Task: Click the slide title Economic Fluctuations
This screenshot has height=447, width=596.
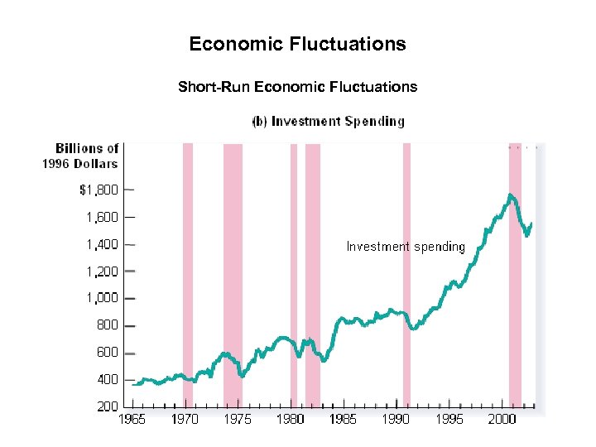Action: coord(297,44)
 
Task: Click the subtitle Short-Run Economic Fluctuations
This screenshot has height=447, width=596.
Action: coord(297,86)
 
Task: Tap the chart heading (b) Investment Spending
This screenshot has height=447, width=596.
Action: coord(328,121)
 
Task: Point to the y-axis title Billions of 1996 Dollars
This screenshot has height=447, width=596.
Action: coord(81,156)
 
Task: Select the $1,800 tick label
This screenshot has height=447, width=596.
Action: coord(99,190)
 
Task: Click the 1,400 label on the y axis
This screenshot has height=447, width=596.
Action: coord(103,244)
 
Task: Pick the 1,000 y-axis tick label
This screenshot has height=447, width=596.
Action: coord(103,298)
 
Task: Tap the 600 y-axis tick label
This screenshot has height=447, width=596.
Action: coord(108,352)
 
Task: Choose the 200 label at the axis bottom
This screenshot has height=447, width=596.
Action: coord(108,406)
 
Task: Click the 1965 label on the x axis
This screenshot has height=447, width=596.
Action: coord(132,420)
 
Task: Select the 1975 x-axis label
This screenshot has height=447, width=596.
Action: coord(238,420)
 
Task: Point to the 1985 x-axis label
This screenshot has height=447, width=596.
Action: coord(343,420)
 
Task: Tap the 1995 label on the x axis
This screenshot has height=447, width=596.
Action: coord(449,420)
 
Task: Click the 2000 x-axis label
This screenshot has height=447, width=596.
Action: coord(502,420)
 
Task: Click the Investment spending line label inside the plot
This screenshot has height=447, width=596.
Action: coord(406,247)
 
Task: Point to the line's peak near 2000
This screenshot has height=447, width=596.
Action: coord(511,195)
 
